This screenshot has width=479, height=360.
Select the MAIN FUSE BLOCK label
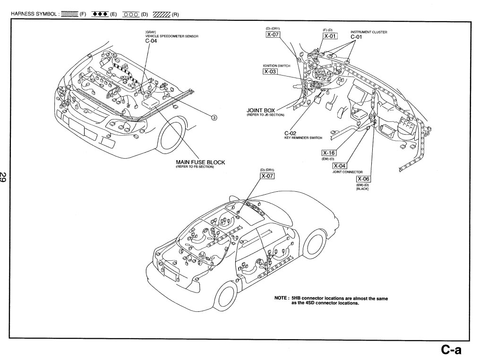click(200, 162)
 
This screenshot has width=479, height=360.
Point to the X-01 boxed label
click(330, 36)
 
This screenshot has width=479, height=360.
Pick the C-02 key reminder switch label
click(290, 134)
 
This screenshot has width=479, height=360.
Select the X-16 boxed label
click(328, 153)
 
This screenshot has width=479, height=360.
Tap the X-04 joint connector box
click(340, 166)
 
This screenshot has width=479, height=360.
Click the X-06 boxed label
click(362, 179)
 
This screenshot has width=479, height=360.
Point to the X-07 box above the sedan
click(267, 176)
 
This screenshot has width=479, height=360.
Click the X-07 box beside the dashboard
click(273, 36)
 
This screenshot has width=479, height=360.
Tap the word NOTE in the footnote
click(282, 298)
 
